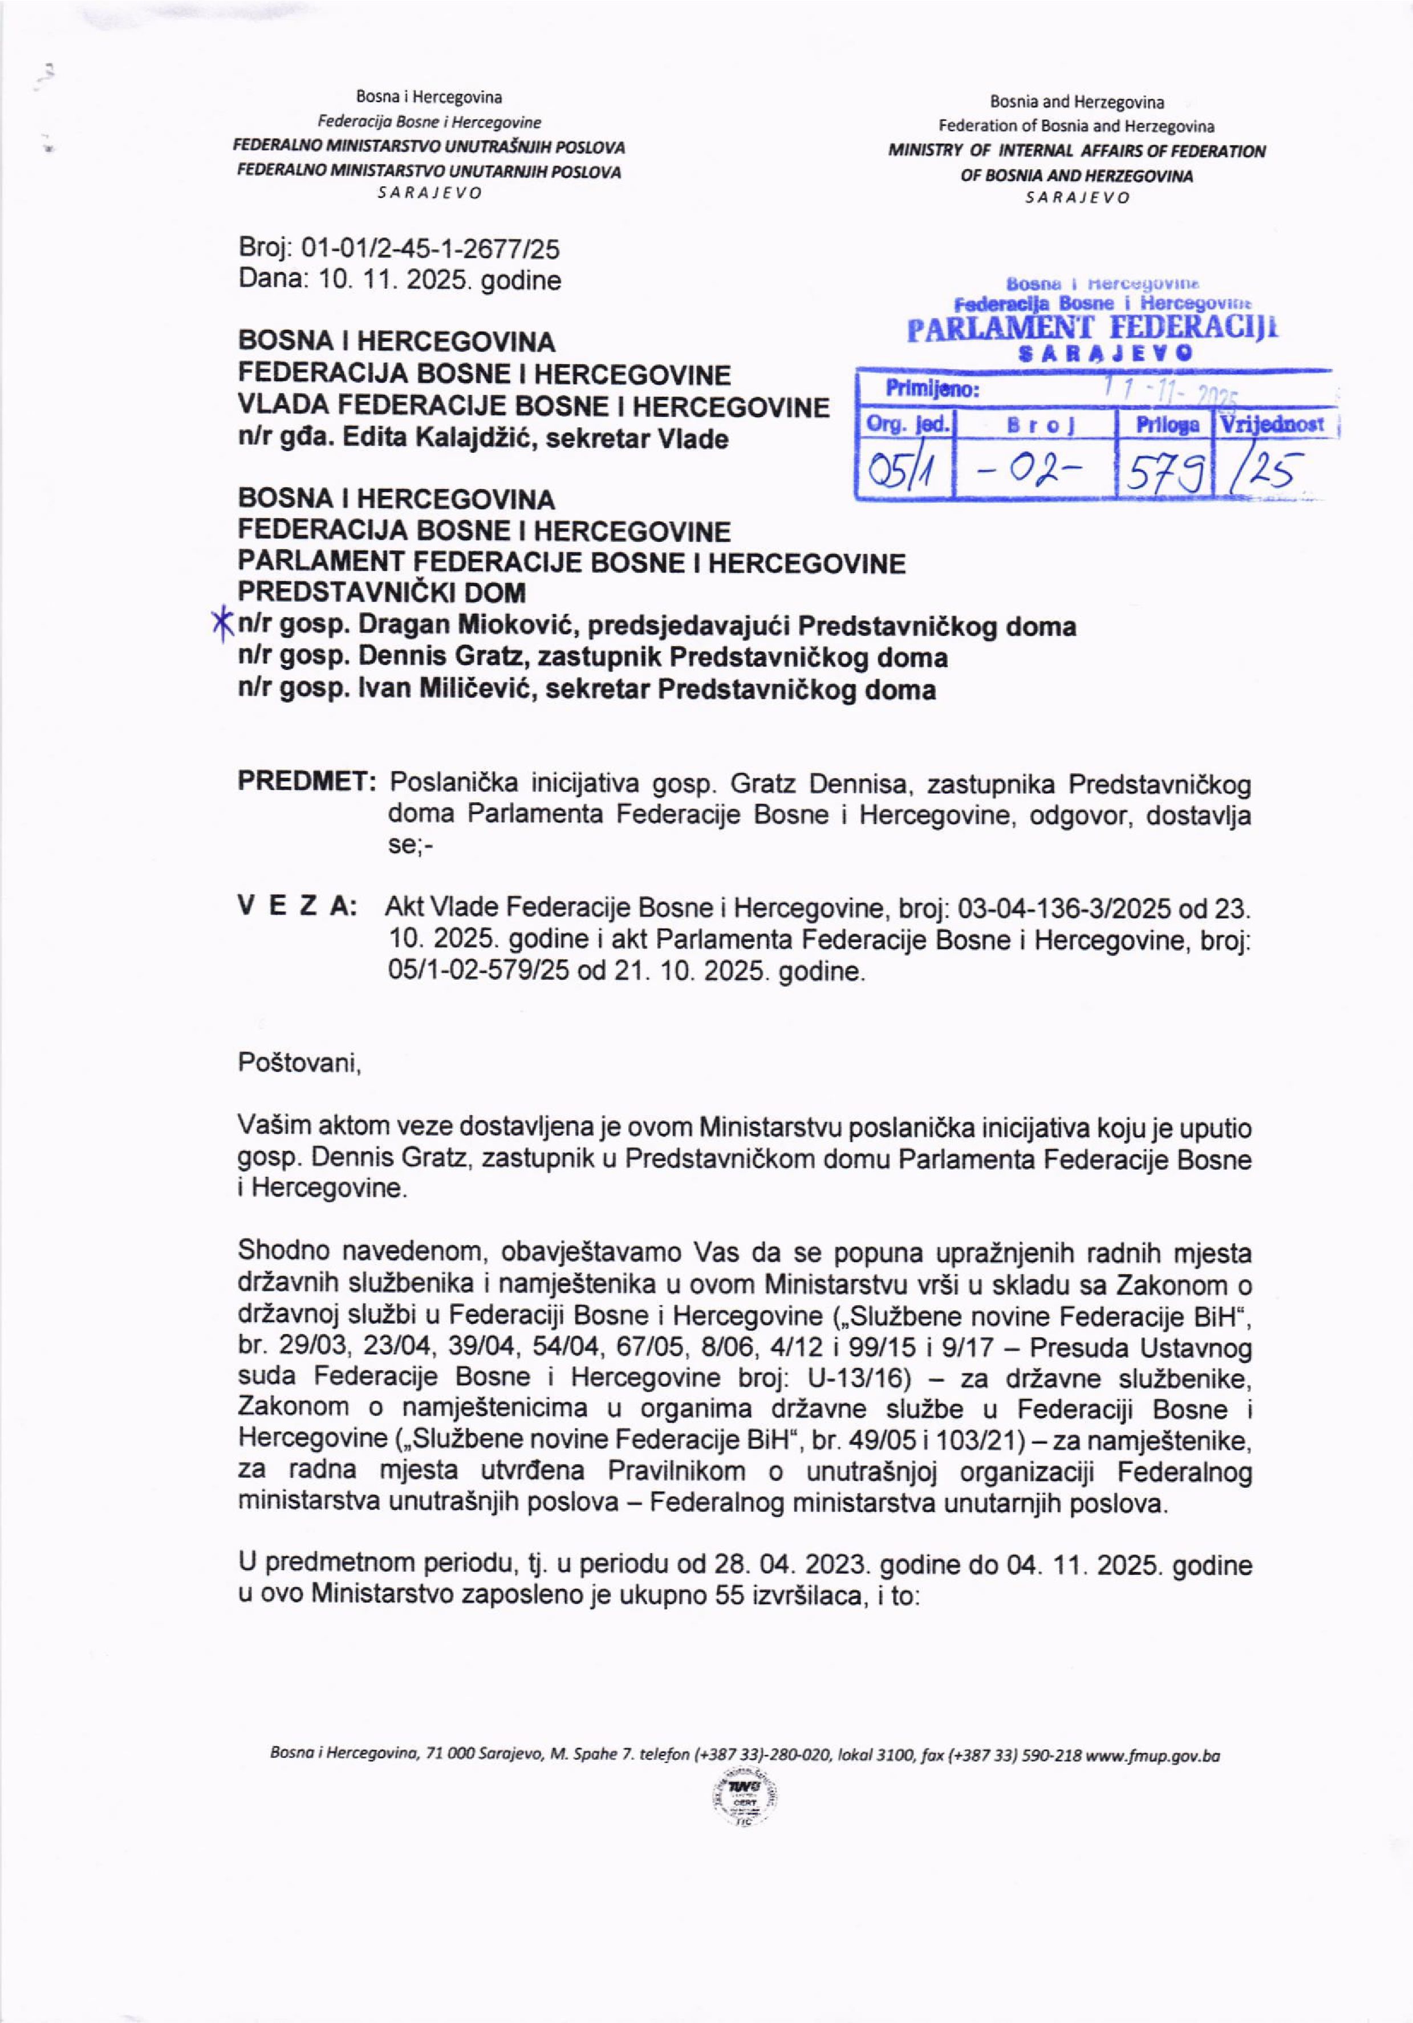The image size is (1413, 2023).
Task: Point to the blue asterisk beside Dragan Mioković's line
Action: (x=222, y=623)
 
